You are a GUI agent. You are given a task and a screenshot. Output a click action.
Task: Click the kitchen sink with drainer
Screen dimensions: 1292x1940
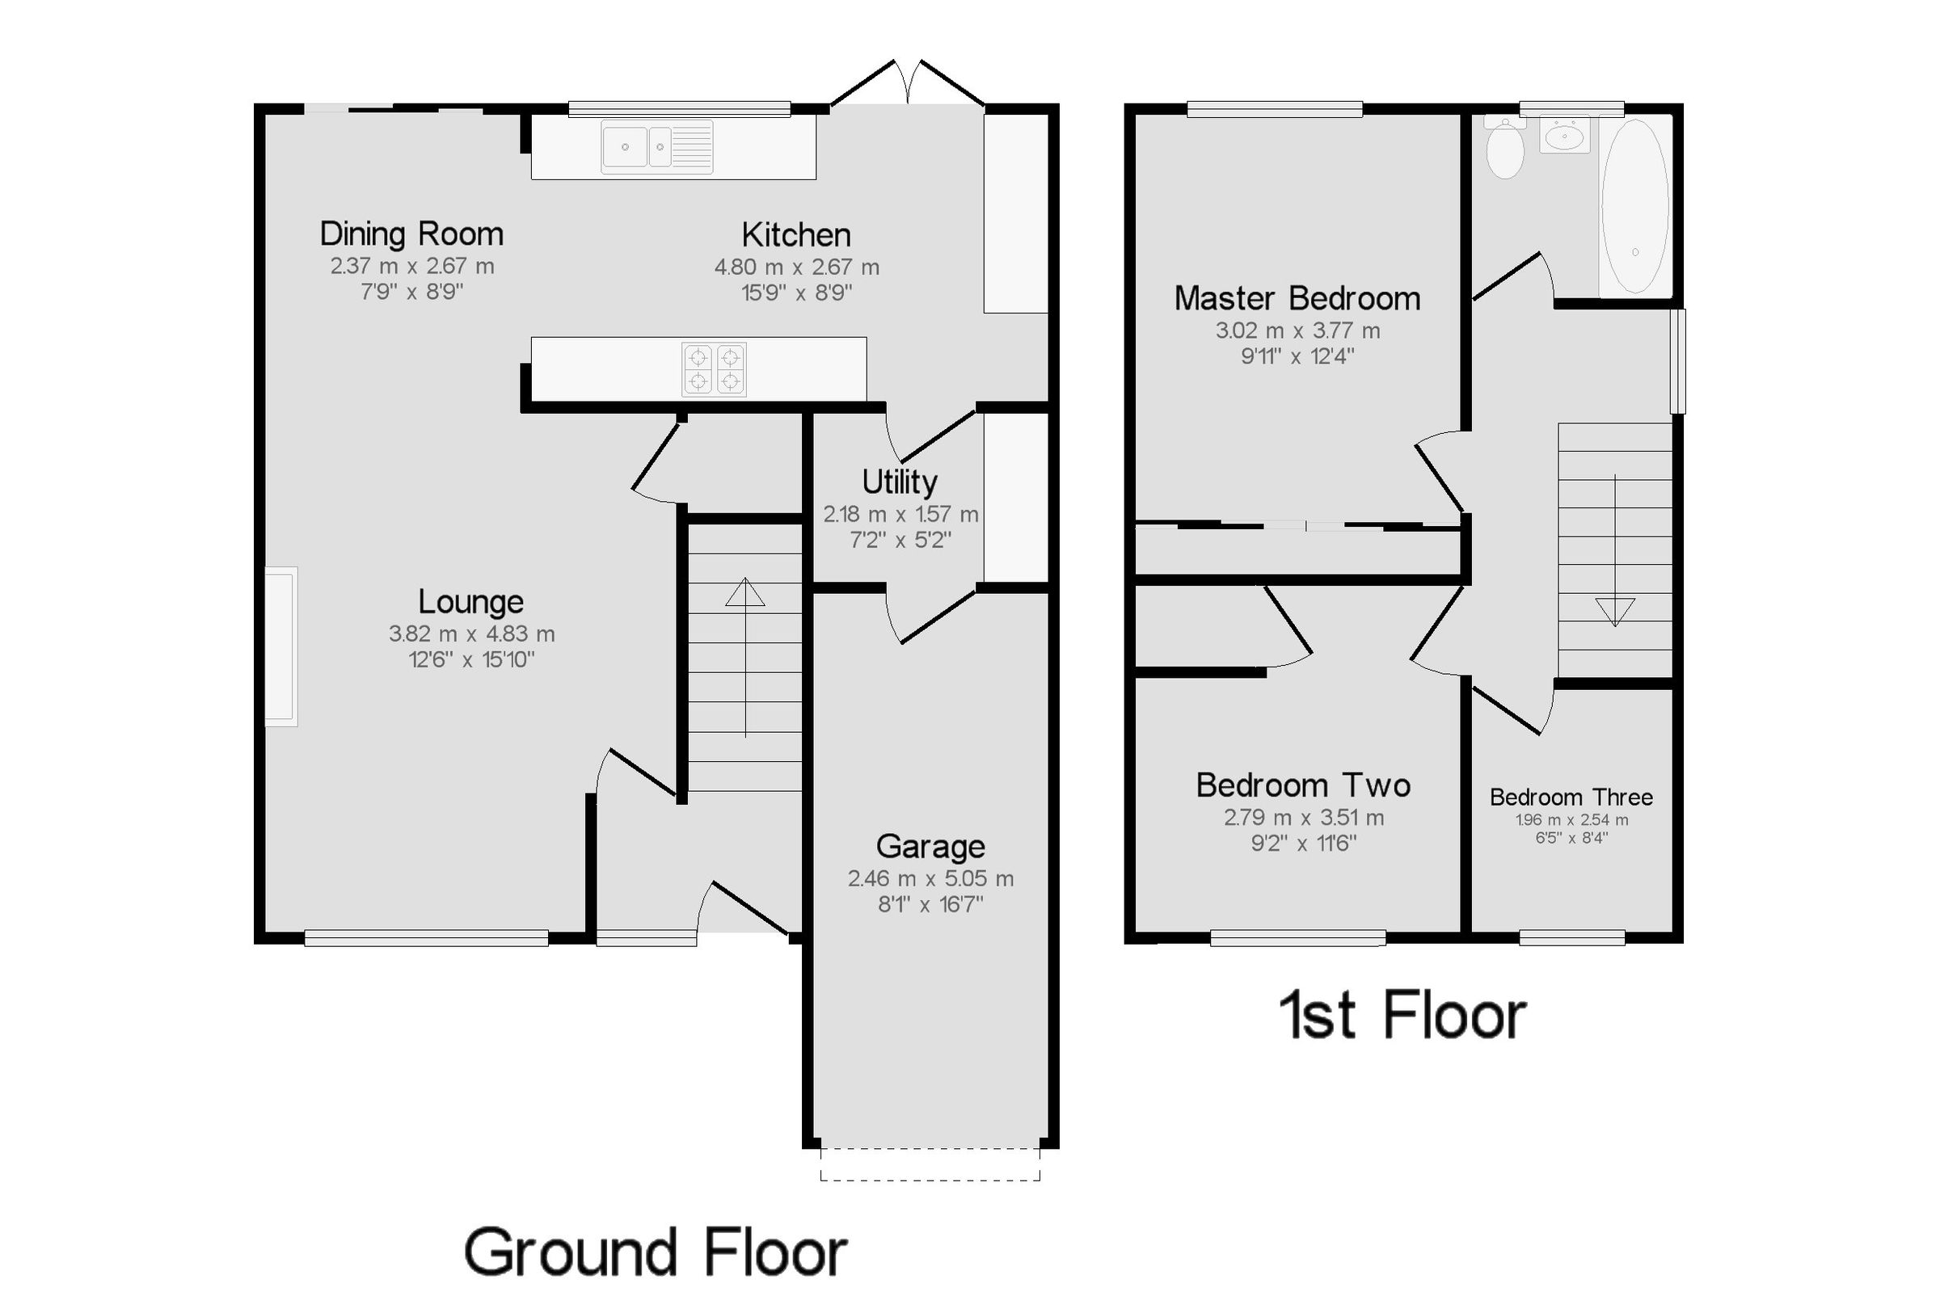(657, 148)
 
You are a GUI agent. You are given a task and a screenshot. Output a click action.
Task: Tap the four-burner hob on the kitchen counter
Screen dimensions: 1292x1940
(714, 369)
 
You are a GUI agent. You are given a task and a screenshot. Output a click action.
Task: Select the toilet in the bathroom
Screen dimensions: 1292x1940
(1505, 149)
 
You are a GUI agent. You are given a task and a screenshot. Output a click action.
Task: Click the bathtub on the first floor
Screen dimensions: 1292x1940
(1634, 206)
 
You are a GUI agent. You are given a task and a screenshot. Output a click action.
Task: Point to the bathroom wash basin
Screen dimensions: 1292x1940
(1564, 135)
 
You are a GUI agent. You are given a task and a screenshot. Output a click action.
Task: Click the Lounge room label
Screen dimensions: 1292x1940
(470, 601)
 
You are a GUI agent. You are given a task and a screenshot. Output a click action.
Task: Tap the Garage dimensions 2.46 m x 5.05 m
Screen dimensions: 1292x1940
(930, 878)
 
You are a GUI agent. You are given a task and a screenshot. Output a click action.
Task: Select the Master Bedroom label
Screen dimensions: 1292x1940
(1297, 298)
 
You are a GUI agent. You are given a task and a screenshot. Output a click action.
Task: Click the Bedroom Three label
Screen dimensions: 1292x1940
(1571, 797)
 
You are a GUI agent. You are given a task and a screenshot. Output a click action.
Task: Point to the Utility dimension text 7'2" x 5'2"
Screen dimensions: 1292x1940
(900, 540)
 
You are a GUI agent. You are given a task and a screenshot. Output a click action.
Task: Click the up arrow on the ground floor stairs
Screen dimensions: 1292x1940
(745, 592)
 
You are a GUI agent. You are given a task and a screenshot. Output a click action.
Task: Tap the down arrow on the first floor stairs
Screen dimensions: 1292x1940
(1614, 611)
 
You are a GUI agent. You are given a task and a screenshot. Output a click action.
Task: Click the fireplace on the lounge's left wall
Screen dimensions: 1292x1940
(281, 646)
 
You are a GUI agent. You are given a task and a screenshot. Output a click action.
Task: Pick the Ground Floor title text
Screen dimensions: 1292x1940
(656, 1252)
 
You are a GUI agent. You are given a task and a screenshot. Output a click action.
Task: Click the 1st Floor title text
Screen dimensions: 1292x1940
(1402, 1015)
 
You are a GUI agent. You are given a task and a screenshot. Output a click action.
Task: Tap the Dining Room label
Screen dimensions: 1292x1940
(411, 234)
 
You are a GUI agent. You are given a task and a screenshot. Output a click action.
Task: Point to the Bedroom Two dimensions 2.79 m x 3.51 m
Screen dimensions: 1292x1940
(1303, 818)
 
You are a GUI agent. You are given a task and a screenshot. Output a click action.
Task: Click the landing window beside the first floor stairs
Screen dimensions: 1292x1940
(1677, 361)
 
